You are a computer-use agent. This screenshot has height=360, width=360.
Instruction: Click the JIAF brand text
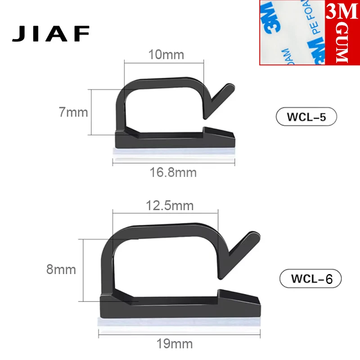(x=51, y=33)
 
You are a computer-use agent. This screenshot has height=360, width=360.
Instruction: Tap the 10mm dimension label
(x=166, y=55)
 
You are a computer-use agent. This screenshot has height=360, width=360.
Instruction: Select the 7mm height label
(x=73, y=112)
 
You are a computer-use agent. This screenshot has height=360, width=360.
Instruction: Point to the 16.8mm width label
(x=173, y=172)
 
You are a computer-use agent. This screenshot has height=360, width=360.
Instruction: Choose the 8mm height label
(x=61, y=270)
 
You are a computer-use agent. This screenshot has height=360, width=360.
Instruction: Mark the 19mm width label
(x=175, y=344)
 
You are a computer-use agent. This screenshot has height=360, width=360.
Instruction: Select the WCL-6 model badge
(x=311, y=279)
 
